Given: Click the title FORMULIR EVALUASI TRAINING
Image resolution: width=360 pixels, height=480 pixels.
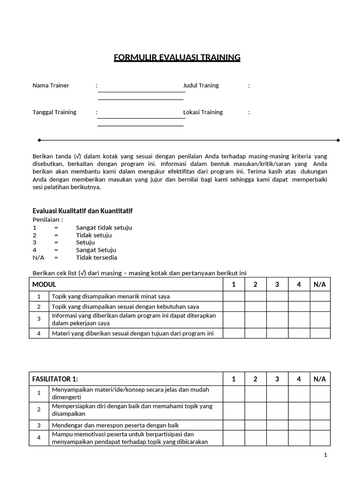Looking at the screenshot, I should [x=177, y=58].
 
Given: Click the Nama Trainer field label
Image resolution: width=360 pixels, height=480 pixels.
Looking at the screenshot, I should [x=51, y=85].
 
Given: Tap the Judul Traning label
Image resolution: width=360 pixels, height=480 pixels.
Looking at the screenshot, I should [x=201, y=85].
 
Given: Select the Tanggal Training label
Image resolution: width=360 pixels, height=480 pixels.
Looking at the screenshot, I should [x=54, y=112].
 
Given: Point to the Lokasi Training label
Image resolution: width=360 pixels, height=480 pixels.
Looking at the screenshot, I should [x=203, y=112].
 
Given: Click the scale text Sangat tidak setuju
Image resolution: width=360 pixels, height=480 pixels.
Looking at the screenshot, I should [x=104, y=227].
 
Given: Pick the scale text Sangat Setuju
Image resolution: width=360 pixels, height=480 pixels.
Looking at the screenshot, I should [x=96, y=250].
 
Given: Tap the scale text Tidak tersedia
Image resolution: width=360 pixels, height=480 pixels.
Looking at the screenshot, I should [x=97, y=257].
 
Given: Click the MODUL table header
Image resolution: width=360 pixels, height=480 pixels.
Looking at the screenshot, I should [x=44, y=285].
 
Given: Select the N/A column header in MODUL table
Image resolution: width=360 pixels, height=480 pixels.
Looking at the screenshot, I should [x=320, y=285].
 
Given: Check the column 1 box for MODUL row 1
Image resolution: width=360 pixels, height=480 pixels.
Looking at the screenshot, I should [x=233, y=296].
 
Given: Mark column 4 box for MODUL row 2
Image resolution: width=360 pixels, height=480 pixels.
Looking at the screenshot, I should [x=299, y=307].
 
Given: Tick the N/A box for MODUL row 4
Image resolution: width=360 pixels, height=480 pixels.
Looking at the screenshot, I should [x=320, y=333].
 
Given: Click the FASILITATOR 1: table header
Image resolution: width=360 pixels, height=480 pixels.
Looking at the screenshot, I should [x=55, y=379].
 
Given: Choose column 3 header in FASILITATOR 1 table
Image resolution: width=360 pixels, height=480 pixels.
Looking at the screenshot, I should [x=277, y=379].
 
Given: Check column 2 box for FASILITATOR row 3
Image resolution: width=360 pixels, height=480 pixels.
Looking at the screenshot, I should [x=255, y=425].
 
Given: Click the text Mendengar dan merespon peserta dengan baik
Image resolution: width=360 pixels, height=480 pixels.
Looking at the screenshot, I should [x=115, y=425].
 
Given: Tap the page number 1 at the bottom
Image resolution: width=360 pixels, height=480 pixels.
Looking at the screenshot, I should [x=325, y=455].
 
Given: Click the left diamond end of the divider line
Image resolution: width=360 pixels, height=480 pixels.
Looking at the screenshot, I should [x=39, y=140].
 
